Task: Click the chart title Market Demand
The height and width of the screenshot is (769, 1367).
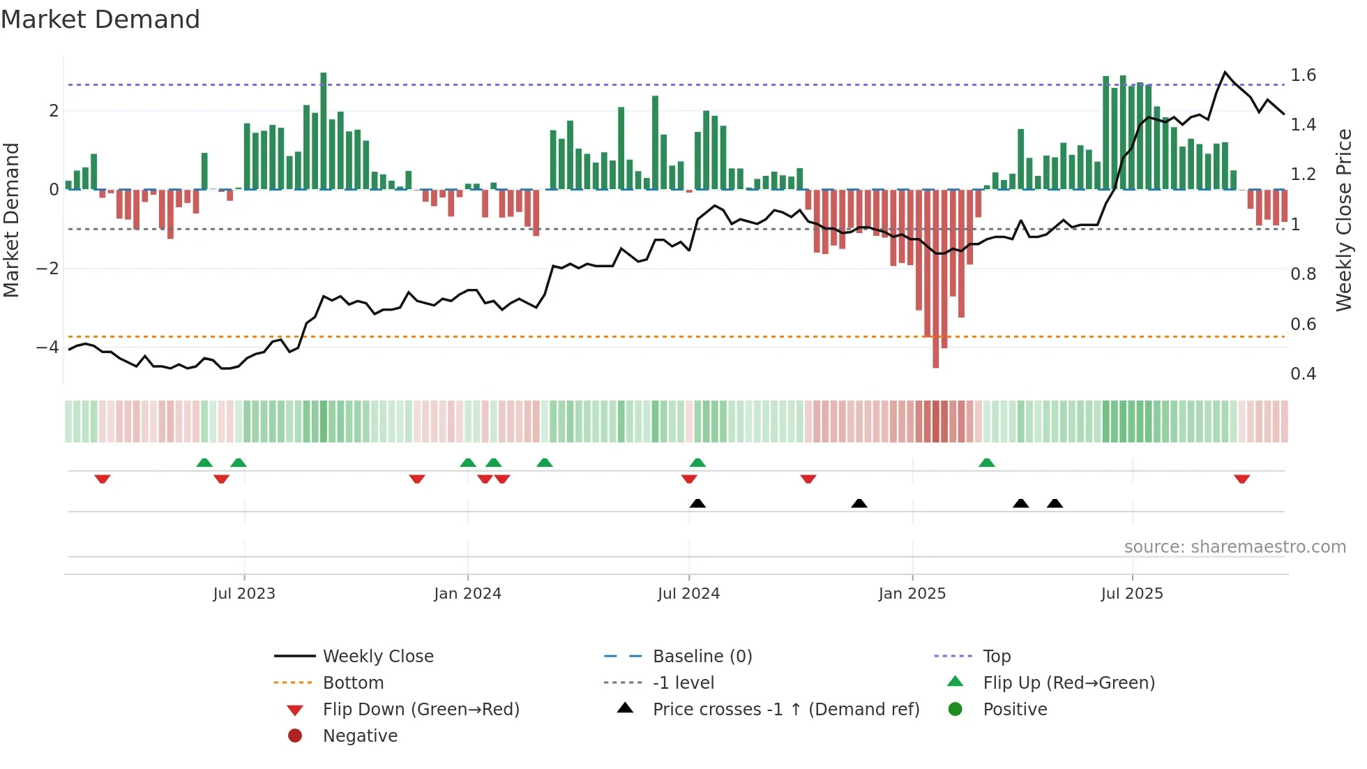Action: click(x=100, y=20)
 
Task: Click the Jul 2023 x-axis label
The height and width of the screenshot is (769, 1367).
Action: click(x=244, y=594)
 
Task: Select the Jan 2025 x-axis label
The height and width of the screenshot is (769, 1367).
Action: click(x=912, y=594)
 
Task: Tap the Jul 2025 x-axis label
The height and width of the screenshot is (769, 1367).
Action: click(x=1132, y=594)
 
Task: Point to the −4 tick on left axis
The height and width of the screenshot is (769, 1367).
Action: click(x=47, y=347)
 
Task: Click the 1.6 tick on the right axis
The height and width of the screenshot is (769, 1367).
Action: click(x=1303, y=75)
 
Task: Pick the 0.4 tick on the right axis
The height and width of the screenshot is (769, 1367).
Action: click(x=1303, y=374)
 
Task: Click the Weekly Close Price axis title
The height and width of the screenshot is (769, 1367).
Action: click(x=1344, y=220)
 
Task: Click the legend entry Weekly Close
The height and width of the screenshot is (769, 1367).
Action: click(x=378, y=657)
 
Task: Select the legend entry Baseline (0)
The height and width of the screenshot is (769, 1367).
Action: click(x=702, y=657)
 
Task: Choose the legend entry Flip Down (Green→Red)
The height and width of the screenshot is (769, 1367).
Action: click(x=421, y=710)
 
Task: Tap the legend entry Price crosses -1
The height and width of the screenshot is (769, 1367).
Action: click(x=785, y=710)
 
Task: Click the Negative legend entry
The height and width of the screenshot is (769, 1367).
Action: click(x=360, y=736)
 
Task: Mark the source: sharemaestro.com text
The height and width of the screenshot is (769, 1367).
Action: click(x=1234, y=547)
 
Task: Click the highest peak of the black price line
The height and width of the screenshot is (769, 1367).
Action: click(x=1225, y=73)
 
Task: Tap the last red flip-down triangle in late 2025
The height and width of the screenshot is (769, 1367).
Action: click(x=1241, y=479)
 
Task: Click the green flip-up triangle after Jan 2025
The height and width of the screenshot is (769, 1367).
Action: click(x=986, y=463)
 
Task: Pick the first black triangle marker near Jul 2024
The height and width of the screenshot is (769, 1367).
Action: click(x=697, y=503)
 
